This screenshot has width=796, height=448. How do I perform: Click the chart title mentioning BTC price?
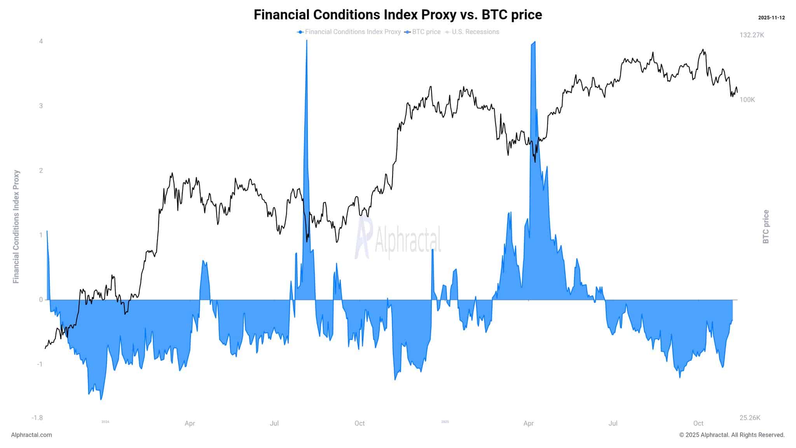point(398,15)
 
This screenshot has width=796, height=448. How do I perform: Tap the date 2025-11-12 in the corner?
point(771,18)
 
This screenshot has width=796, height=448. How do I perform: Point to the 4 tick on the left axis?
point(41,41)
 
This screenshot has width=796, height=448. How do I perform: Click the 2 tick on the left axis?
point(41,170)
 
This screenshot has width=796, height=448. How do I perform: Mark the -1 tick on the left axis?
point(40,364)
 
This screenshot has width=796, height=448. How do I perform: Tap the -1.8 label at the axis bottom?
point(37,418)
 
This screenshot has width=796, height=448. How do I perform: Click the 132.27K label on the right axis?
point(752,35)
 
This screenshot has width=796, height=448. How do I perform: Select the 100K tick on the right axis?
point(747,100)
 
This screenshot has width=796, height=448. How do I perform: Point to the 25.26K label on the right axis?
point(750,418)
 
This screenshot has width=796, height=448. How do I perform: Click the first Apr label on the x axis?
point(190,423)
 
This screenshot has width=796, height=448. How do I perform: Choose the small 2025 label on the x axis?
point(445,422)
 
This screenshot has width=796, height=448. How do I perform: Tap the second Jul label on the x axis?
point(613,423)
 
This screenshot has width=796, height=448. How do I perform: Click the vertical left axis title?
point(16,227)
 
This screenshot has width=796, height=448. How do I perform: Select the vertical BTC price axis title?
point(766,227)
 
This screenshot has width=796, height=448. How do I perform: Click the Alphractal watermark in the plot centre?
point(398,238)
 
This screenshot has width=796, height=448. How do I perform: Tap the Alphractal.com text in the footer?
point(31,435)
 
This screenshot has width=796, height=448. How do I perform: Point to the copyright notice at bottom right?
point(732,435)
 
